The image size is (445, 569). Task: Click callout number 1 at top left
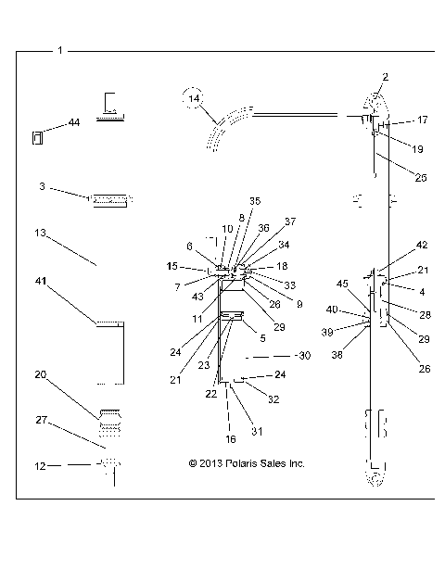[x=60, y=49]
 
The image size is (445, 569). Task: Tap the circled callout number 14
[x=193, y=97]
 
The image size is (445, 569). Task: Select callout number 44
[x=74, y=122]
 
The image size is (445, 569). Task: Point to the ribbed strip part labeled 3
[x=111, y=197]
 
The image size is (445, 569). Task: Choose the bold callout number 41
[x=40, y=280]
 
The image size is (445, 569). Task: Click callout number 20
[x=40, y=374]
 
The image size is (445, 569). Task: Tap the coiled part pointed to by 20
[x=111, y=420]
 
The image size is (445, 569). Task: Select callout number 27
[x=40, y=419]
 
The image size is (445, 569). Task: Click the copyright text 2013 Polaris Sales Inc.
[x=246, y=463]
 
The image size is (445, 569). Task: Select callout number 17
[x=422, y=120]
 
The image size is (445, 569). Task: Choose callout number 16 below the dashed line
[x=230, y=438]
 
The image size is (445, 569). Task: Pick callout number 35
[x=255, y=200]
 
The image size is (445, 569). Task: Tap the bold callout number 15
[x=172, y=266]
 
